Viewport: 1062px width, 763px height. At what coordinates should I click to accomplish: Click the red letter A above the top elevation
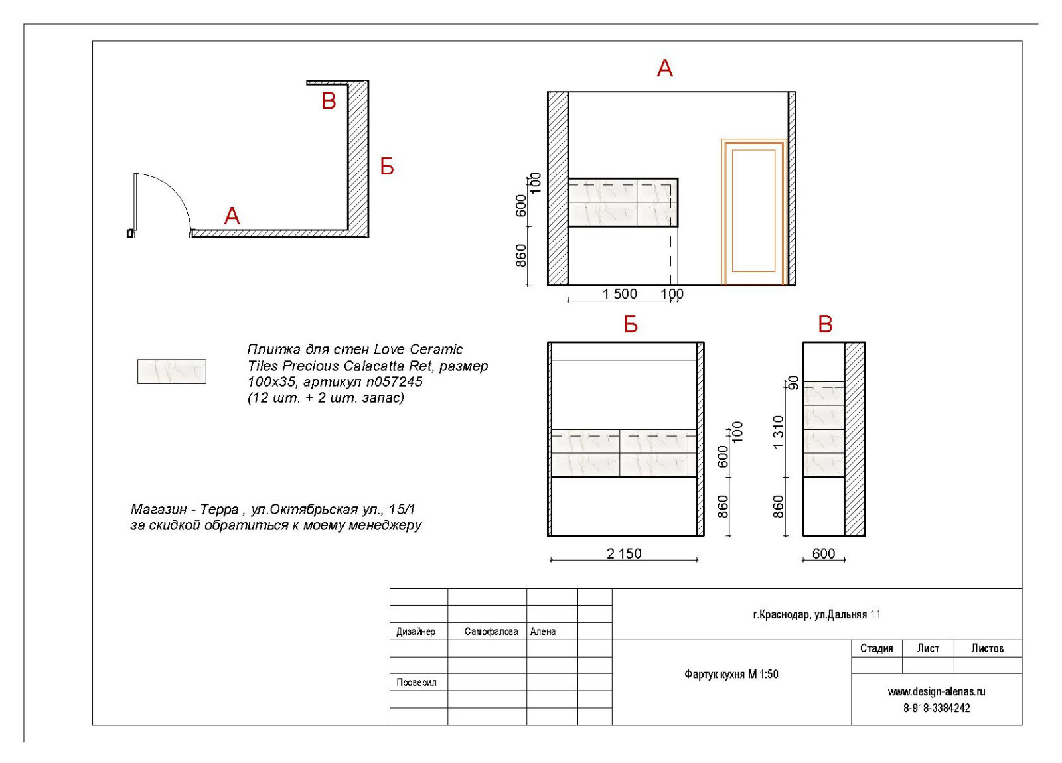click(664, 69)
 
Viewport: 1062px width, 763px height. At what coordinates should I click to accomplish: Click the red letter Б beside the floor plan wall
click(387, 167)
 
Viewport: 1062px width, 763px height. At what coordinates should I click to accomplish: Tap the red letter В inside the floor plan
click(329, 101)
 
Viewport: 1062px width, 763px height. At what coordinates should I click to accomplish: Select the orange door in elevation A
click(754, 212)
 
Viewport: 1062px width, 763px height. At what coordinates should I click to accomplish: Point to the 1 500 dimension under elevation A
click(620, 294)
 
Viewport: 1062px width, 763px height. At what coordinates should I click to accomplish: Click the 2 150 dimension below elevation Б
click(624, 553)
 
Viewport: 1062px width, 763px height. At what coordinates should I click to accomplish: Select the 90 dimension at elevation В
click(793, 382)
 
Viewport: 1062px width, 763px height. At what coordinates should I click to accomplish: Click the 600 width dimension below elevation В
click(824, 553)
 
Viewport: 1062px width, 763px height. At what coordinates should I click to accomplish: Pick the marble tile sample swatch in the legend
click(172, 372)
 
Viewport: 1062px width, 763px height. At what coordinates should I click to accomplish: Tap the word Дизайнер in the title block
click(416, 631)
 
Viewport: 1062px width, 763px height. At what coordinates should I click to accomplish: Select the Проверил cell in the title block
click(416, 683)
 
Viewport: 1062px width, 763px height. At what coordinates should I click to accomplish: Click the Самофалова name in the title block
click(491, 631)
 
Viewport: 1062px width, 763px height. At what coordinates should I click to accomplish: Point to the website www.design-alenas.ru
click(937, 691)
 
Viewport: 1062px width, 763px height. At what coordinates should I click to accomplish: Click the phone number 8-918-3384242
click(937, 708)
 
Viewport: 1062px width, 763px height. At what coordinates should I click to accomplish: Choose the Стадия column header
click(877, 648)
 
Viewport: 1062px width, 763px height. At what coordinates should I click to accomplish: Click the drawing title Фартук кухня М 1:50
click(731, 674)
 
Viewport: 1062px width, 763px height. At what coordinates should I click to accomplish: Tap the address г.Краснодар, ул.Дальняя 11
click(817, 614)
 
